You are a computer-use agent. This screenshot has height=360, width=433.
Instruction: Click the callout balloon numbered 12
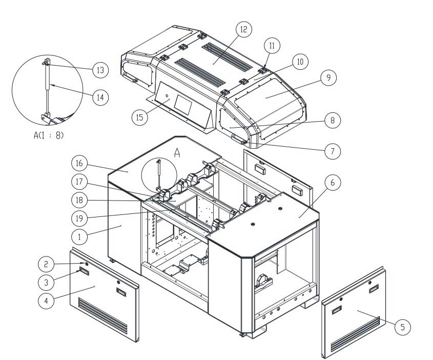click(x=244, y=30)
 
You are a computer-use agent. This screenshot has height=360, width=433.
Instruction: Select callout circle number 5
click(x=404, y=326)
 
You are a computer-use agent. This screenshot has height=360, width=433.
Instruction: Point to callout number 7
click(x=333, y=151)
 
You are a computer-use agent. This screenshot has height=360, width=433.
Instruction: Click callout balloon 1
click(x=79, y=237)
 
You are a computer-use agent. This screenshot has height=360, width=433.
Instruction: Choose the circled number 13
click(x=100, y=70)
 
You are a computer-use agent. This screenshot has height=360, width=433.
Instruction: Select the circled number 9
click(x=328, y=78)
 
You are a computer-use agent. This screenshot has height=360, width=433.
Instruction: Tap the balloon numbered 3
click(x=46, y=282)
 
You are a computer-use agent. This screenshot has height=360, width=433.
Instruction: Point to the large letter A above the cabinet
click(x=178, y=152)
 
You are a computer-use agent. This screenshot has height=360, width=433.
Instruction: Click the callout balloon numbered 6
click(x=333, y=182)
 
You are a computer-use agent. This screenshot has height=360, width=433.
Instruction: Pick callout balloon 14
click(x=100, y=97)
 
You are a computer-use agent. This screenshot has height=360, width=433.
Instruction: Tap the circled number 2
click(x=46, y=264)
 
